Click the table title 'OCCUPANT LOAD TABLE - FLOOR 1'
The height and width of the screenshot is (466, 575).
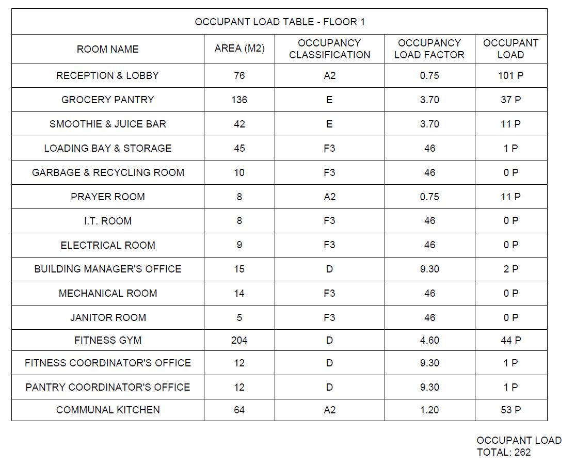tap(279, 22)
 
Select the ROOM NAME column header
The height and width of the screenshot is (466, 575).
tap(107, 49)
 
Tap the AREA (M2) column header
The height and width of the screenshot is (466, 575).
tap(239, 49)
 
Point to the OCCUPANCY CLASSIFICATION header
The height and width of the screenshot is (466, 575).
tap(329, 49)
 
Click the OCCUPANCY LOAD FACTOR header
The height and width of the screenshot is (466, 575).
tap(429, 49)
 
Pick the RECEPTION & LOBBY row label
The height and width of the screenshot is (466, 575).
tap(107, 75)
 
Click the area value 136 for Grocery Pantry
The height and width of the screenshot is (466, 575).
tap(239, 100)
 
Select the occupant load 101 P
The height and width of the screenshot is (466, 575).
tap(510, 75)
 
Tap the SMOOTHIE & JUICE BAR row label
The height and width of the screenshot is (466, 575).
tap(107, 124)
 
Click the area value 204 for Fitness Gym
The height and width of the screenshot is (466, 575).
tap(239, 340)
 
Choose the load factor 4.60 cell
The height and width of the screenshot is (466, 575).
tap(429, 340)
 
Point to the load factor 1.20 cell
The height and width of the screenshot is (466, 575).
tap(429, 410)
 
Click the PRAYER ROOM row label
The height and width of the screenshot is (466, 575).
tap(107, 197)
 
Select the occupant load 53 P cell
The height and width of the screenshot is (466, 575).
tap(510, 410)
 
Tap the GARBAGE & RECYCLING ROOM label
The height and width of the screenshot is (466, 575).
tap(107, 172)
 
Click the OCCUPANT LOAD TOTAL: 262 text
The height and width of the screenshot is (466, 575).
tap(518, 446)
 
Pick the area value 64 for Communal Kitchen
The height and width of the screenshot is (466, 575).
tap(239, 410)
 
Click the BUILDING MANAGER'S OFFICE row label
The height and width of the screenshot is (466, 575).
tap(107, 269)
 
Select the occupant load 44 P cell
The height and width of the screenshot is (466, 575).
tap(510, 340)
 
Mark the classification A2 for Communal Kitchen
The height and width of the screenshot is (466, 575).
tap(329, 410)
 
